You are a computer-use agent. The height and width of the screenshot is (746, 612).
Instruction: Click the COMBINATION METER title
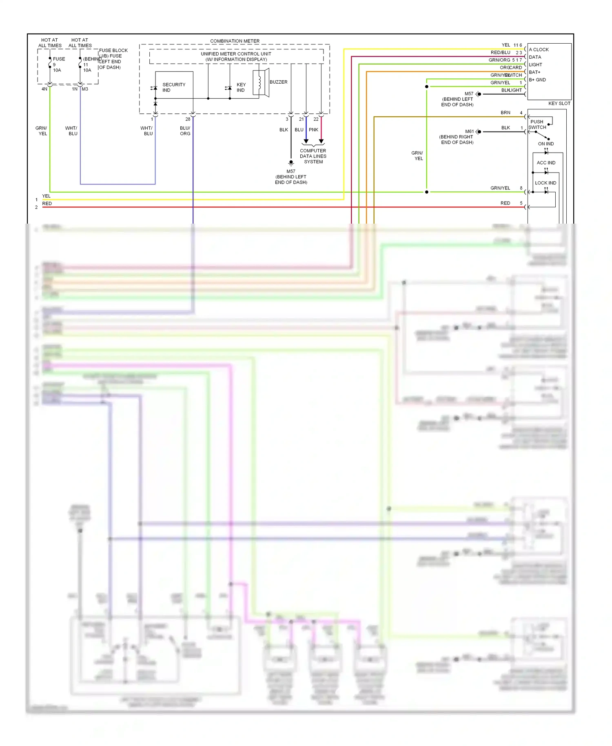coord(235,41)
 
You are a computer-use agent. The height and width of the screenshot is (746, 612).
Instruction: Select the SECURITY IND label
coord(173,87)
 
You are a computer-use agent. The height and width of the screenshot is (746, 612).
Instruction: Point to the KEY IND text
coord(241,87)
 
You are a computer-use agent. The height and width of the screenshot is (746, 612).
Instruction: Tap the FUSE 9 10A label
coord(58,64)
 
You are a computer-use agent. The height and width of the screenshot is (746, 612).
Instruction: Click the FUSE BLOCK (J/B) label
coord(113,53)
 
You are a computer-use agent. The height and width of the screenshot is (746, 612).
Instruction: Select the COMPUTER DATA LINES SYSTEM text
coord(313,156)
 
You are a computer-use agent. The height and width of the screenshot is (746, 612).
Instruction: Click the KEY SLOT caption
coord(559,103)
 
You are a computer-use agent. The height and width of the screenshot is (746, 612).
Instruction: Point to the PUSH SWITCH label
coord(537,124)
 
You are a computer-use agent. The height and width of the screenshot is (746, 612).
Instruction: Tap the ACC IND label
coord(546,163)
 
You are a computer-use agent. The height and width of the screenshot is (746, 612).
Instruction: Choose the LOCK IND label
coord(545,183)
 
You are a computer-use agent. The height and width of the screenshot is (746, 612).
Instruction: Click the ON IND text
coord(545,144)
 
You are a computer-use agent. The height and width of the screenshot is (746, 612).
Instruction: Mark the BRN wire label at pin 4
coord(506,113)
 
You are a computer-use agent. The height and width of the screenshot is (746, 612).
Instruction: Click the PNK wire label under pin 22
coord(313,130)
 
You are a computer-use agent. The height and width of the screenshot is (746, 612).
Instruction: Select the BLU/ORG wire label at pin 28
coord(185,131)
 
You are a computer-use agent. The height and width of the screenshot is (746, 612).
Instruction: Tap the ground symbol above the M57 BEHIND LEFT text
coord(291,163)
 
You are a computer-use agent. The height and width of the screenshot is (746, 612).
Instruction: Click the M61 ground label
coord(469,131)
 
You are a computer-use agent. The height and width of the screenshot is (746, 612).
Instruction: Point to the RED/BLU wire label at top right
coord(500,53)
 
